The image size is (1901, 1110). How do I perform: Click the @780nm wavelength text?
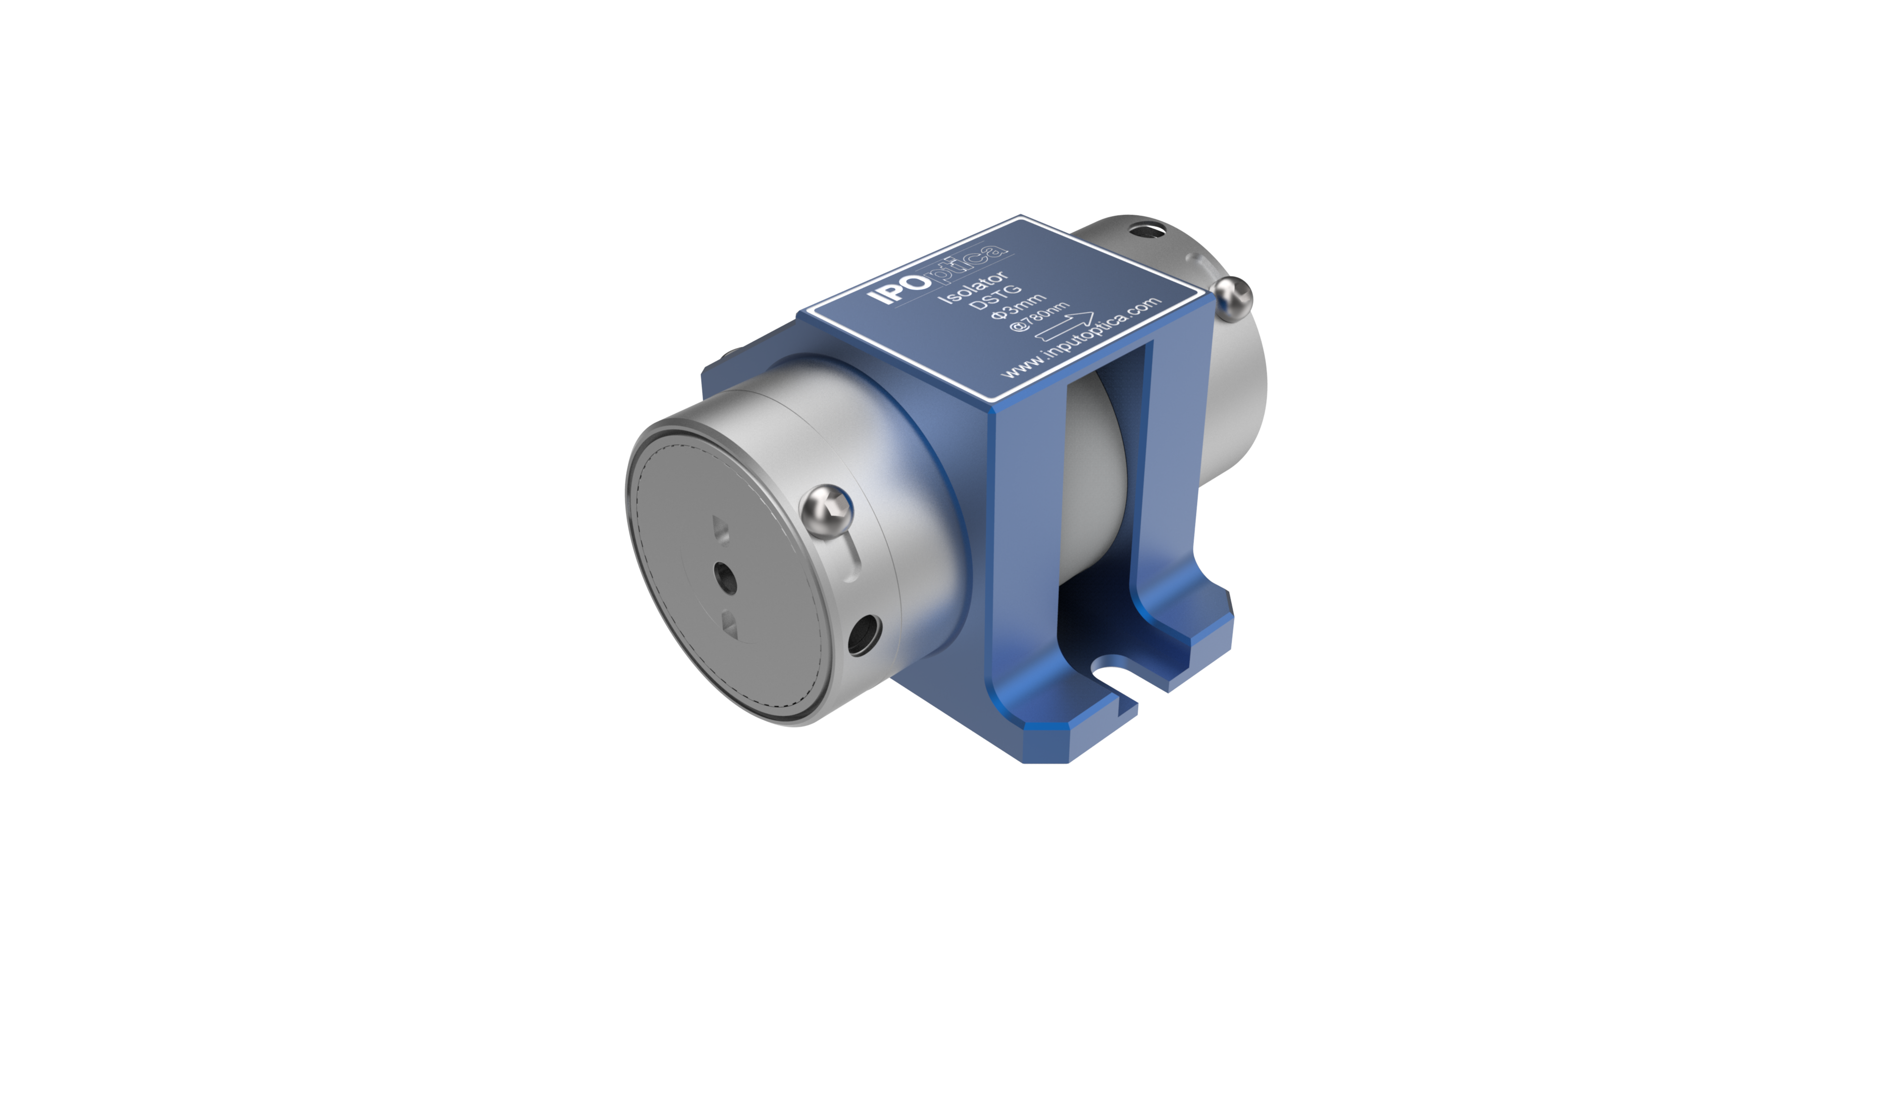(x=1039, y=317)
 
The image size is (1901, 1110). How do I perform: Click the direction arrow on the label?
(x=1064, y=327)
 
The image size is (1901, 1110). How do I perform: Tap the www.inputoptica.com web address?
(x=1080, y=337)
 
